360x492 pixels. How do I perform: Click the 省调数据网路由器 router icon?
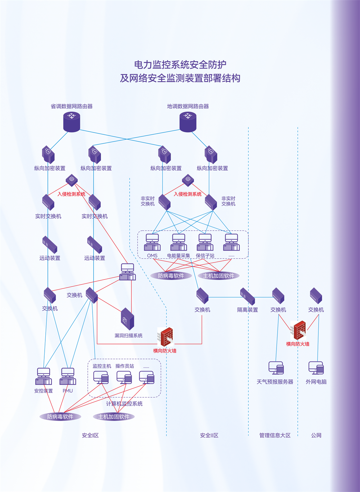click(x=72, y=121)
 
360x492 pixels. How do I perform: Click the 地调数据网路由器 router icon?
click(x=188, y=121)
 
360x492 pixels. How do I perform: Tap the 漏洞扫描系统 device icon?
click(x=127, y=319)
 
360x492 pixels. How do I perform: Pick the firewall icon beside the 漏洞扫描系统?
click(x=167, y=337)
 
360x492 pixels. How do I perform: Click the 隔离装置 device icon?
click(x=248, y=296)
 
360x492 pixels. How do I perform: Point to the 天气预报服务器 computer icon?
click(x=276, y=368)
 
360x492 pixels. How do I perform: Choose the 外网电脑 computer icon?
click(x=316, y=368)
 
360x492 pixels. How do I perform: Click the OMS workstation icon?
click(x=152, y=242)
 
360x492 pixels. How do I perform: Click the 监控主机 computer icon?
click(x=101, y=377)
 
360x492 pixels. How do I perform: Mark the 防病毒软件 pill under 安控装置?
click(x=60, y=417)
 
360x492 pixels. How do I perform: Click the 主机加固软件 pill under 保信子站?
click(x=219, y=276)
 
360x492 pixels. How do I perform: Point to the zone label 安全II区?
click(x=209, y=435)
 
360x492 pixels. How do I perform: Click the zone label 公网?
click(x=316, y=435)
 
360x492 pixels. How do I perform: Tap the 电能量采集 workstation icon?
click(x=179, y=242)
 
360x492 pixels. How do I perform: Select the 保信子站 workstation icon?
click(x=205, y=242)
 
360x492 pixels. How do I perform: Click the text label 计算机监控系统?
click(x=124, y=404)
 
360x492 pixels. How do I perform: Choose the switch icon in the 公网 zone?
click(x=316, y=296)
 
